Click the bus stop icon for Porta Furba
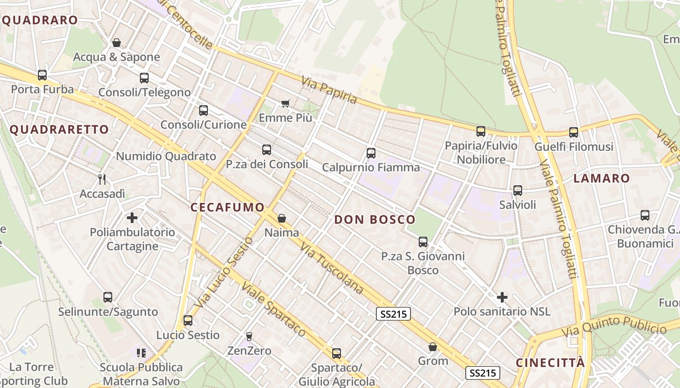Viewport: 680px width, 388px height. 42,75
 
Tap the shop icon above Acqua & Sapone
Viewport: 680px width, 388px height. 116,43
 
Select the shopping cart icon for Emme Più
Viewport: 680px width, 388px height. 285,103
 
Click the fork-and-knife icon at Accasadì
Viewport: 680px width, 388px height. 102,179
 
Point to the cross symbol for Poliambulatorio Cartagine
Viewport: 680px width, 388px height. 132,217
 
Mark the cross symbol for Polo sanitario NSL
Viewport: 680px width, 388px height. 502,297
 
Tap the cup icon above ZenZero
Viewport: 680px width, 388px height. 249,336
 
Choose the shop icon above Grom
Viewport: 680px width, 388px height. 433,347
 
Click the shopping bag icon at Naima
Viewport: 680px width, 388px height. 281,218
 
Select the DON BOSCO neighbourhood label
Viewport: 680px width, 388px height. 374,220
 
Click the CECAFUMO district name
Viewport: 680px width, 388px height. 227,208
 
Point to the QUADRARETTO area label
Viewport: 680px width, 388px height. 59,129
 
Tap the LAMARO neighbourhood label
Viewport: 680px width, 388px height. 601,178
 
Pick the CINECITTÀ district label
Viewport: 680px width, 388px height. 550,363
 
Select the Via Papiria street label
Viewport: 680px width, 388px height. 329,90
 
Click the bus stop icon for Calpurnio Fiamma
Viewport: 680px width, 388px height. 371,153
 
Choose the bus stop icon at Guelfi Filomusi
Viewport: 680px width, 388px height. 574,132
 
